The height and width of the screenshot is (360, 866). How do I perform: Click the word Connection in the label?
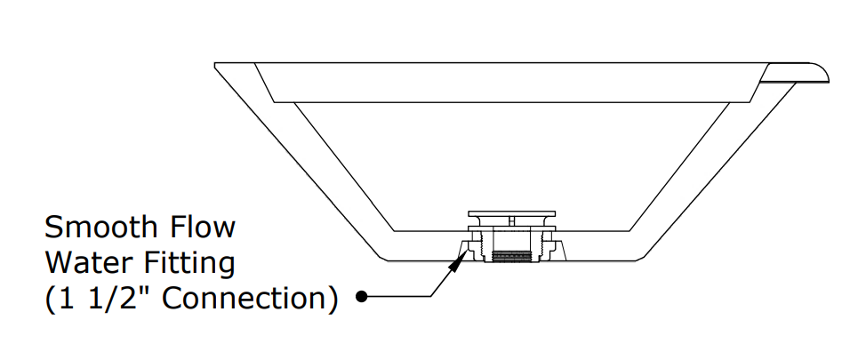(x=252, y=299)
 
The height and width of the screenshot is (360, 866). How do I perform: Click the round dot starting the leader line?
(x=361, y=297)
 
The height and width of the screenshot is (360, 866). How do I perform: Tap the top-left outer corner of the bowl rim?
(x=216, y=64)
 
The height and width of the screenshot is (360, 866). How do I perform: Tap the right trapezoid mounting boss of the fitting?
(x=558, y=250)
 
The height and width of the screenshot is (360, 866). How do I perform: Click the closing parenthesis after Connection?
(x=332, y=299)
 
